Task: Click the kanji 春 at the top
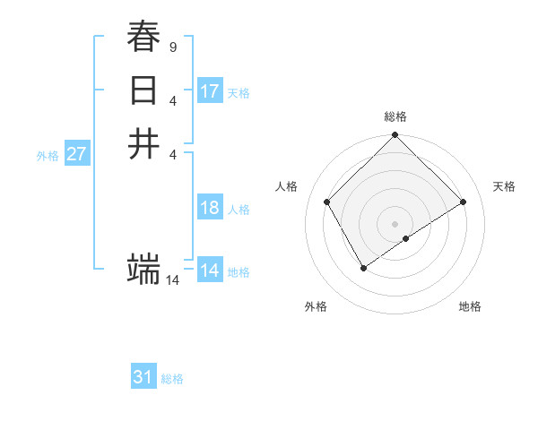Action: (x=143, y=37)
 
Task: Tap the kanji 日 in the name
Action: (x=143, y=90)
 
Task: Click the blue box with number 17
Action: (x=210, y=91)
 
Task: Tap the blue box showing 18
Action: (x=210, y=208)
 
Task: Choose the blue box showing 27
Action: (x=77, y=154)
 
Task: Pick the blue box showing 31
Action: (x=143, y=377)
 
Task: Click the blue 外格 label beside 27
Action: (x=48, y=155)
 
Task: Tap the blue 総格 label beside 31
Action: (x=172, y=379)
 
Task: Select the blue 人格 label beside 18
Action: (x=239, y=210)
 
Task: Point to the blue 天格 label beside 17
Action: (x=239, y=93)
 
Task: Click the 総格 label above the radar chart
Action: (x=395, y=116)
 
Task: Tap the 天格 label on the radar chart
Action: (x=504, y=186)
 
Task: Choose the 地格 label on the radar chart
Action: (x=470, y=306)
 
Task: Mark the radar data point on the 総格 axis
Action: (x=395, y=136)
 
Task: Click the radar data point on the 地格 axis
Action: (x=406, y=238)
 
